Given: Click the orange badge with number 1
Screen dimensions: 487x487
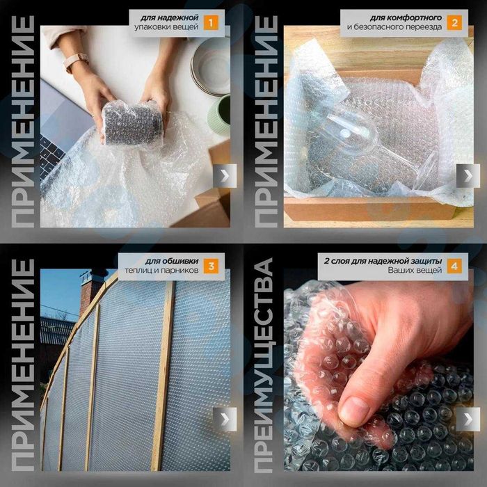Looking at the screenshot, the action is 211,23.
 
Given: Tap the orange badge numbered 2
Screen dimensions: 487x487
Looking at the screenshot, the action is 454,23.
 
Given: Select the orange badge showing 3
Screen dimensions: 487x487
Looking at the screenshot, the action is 211,266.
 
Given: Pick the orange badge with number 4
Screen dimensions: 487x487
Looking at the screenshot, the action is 454,266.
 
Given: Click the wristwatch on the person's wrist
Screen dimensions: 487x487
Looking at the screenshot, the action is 75,62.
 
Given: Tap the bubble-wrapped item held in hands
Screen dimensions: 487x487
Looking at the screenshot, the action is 132,125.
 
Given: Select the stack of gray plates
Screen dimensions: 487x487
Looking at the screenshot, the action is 211,66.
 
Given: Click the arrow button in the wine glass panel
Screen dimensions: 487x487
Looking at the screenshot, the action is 468,176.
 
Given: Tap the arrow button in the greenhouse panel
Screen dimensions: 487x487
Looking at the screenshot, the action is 225,420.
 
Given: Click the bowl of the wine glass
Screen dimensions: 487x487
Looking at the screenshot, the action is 348,134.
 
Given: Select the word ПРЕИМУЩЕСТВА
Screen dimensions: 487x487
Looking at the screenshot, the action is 264,365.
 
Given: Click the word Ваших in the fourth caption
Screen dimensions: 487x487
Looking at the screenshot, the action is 400,270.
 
